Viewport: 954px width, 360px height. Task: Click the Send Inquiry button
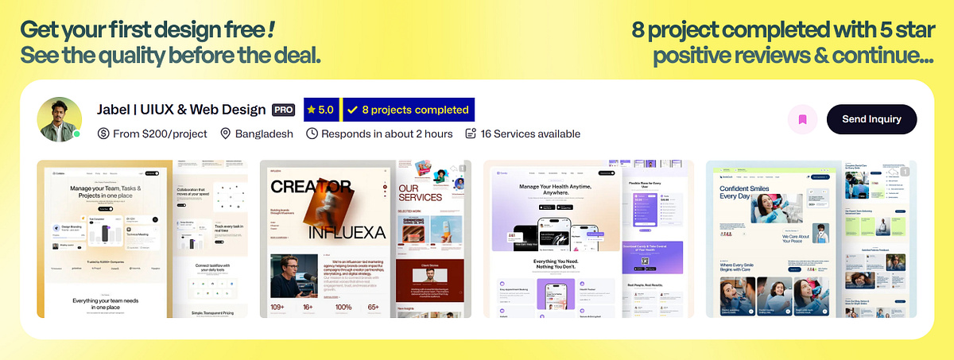(871, 119)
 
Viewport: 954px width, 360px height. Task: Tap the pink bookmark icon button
(802, 119)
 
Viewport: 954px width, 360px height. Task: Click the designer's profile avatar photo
(59, 119)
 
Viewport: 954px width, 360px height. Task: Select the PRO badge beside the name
(284, 110)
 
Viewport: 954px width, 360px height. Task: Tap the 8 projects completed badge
(408, 110)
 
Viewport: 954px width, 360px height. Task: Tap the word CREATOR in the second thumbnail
(311, 187)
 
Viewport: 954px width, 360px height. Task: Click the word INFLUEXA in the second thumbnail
(347, 232)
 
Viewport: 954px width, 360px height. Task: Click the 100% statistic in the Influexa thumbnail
(343, 307)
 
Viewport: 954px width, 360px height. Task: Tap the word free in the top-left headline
(244, 30)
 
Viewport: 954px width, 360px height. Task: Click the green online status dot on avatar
(77, 134)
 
